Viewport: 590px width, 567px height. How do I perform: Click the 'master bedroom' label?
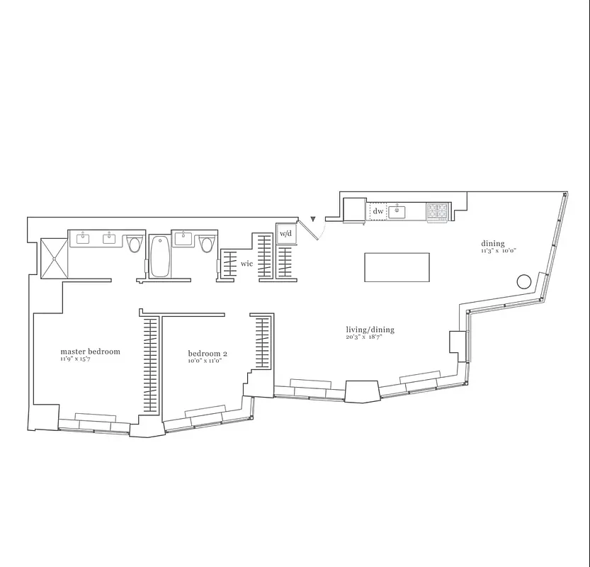90,351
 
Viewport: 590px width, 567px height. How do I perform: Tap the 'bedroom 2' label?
208,353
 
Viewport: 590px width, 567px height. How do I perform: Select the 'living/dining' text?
370,330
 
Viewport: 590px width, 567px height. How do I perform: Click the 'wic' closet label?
246,264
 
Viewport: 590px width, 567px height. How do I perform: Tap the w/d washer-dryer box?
285,233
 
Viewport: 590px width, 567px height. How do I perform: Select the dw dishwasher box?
378,211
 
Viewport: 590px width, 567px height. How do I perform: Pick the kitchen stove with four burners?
438,210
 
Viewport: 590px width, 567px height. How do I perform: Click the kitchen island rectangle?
397,267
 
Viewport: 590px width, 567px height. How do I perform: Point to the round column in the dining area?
524,281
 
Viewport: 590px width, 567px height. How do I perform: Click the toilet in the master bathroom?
135,245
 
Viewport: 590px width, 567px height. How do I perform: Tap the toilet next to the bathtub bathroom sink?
207,244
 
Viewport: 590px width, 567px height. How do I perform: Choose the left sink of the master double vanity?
82,237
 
